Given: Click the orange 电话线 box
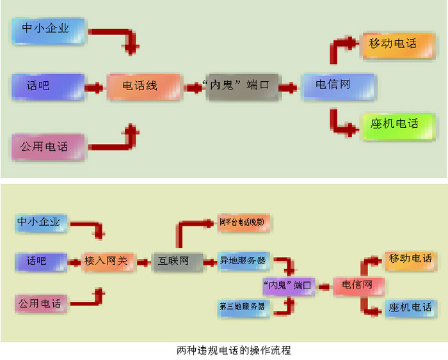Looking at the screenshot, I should click(140, 86).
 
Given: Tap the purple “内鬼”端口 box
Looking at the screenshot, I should click(287, 285).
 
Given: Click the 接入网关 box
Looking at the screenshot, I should click(107, 261).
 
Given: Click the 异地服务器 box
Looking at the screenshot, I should click(243, 261).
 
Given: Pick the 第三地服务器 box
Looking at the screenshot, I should click(243, 307).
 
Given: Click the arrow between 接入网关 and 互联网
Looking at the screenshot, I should click(143, 261).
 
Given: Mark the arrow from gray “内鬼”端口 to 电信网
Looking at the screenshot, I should click(288, 86).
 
